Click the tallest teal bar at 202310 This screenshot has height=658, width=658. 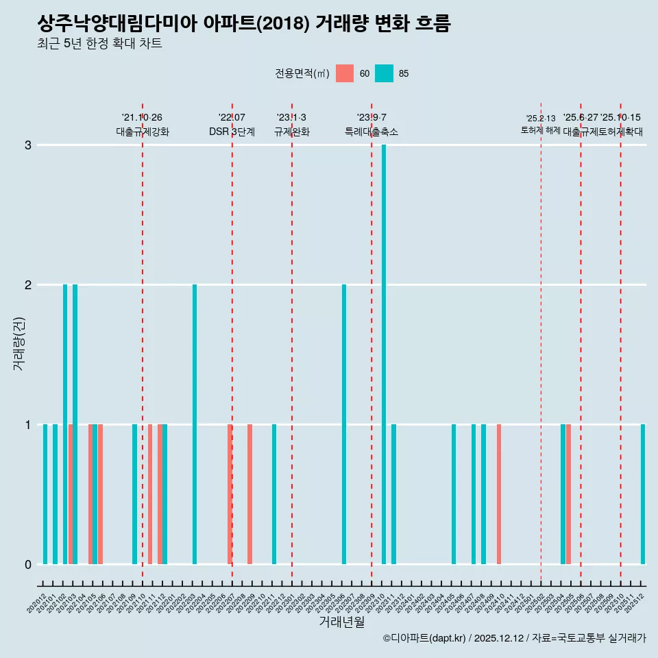(384, 354)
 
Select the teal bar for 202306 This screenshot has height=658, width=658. (344, 424)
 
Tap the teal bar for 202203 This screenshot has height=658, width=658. (195, 424)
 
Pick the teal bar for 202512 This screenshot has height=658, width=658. (643, 494)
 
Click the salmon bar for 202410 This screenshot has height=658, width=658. (499, 494)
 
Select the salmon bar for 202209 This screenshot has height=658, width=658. (249, 494)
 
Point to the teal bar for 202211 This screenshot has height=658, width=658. (274, 494)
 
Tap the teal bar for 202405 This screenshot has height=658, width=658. (454, 494)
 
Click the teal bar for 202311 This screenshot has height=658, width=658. (393, 494)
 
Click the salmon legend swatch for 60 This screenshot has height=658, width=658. (345, 73)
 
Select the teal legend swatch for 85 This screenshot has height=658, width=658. (385, 73)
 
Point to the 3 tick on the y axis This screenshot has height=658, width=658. (28, 145)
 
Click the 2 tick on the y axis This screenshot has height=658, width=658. (28, 284)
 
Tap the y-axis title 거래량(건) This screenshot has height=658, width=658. (19, 343)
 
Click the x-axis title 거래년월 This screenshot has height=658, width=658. (341, 622)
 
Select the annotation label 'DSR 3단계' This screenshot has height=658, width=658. (232, 132)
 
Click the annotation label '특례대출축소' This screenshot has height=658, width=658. (371, 132)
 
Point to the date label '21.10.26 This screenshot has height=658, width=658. (142, 117)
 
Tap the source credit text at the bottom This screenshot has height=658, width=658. (514, 638)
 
